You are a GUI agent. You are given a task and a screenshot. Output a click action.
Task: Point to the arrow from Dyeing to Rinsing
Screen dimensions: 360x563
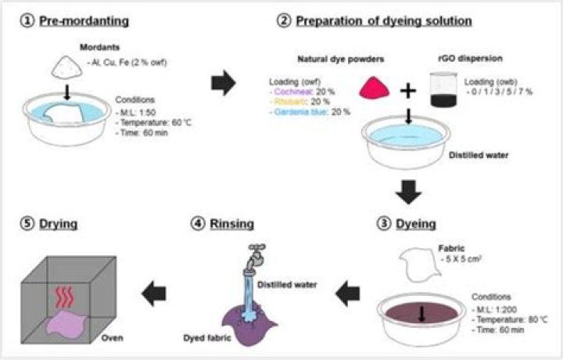pyautogui.click(x=348, y=294)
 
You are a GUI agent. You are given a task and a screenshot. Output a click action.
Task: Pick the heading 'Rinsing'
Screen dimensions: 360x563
pyautogui.click(x=230, y=225)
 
